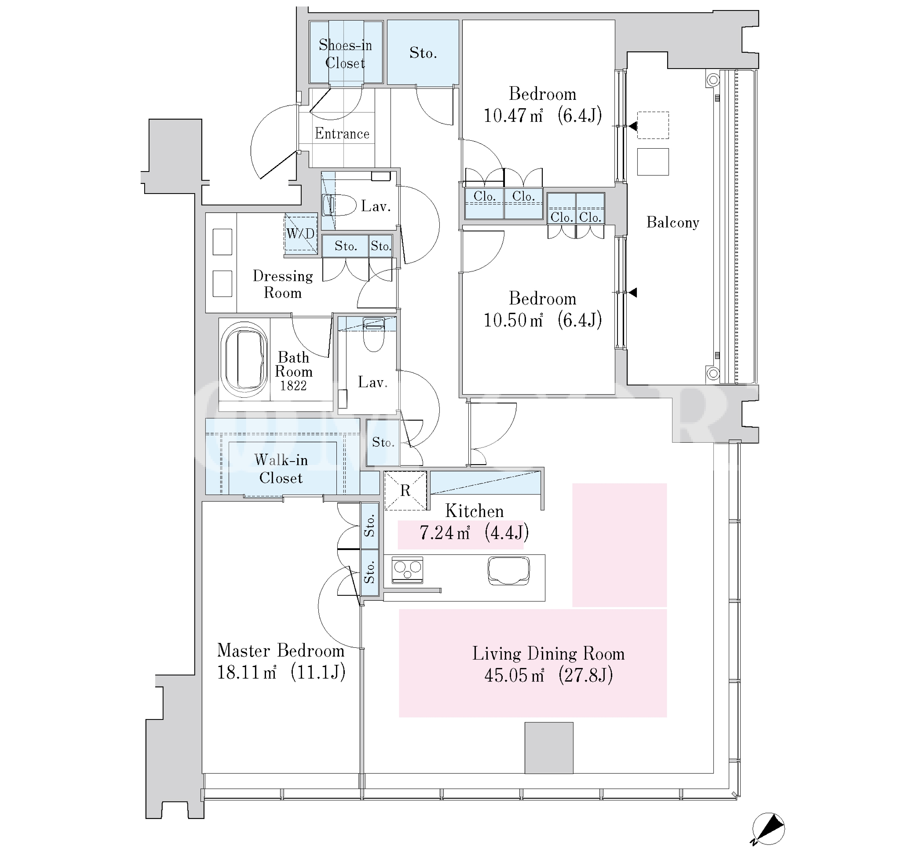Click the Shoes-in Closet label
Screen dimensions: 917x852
345,54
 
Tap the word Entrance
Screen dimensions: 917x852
342,134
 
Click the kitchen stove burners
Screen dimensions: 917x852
407,570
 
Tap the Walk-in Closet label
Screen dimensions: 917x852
281,469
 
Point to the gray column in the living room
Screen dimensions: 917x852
549,748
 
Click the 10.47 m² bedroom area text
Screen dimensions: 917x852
513,115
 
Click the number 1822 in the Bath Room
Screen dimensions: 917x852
293,386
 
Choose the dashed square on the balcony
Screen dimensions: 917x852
653,125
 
